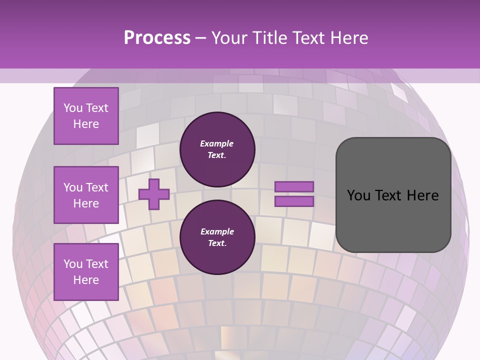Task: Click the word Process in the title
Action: [157, 37]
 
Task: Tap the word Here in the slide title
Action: [348, 37]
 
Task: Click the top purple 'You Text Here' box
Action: [86, 116]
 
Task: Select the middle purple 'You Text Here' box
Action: [86, 195]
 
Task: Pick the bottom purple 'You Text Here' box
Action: [86, 272]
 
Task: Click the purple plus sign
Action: [154, 193]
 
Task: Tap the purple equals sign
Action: [294, 194]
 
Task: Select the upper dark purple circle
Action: [217, 149]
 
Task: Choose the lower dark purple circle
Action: [217, 237]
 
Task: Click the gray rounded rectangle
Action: [393, 195]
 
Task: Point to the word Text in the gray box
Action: [387, 195]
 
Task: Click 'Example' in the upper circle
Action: [217, 144]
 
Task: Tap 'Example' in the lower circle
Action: [217, 232]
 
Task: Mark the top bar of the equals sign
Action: [294, 186]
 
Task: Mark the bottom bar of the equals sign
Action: [294, 201]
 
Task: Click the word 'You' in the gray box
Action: [358, 195]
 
